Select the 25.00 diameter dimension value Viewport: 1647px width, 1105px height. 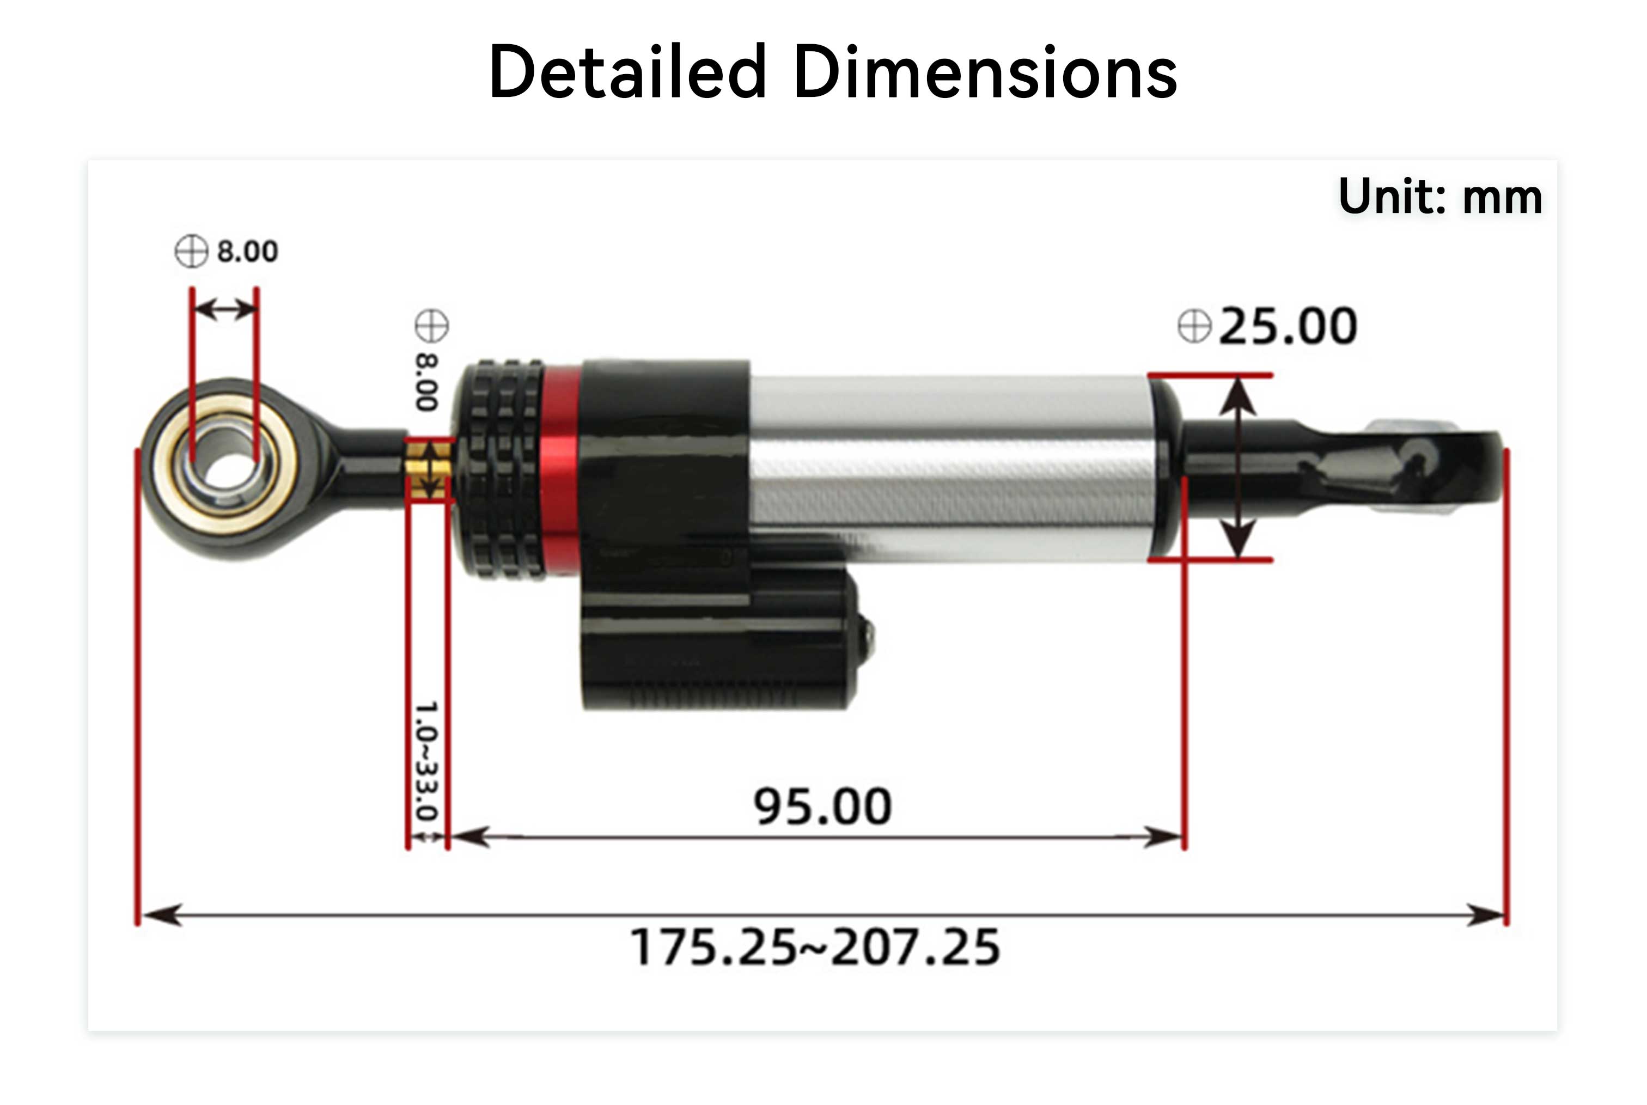1288,326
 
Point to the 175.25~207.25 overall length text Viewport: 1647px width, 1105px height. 815,947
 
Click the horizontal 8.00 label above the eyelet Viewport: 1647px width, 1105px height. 247,251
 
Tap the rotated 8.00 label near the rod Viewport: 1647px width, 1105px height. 427,381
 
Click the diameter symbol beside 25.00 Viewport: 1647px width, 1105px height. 1194,326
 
